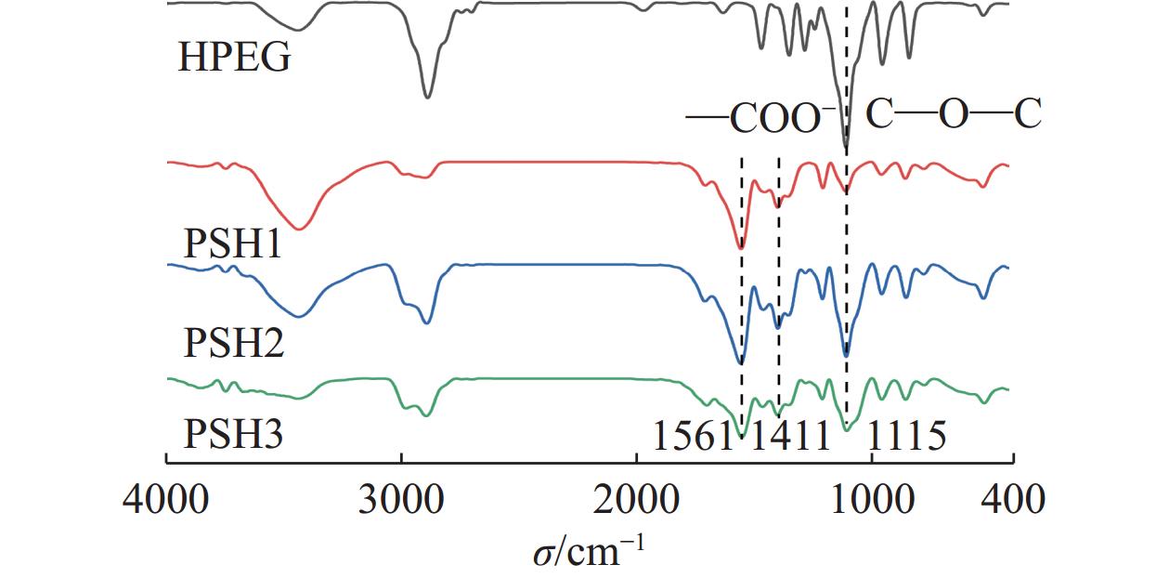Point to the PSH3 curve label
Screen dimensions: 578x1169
click(x=233, y=433)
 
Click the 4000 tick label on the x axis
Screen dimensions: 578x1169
click(x=165, y=500)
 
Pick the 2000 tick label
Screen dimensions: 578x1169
click(x=637, y=500)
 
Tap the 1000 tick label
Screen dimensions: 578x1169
click(x=872, y=500)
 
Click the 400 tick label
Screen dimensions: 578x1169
click(x=1013, y=500)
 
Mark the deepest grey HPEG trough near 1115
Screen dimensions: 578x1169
click(x=846, y=147)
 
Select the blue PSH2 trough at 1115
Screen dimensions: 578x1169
click(x=846, y=355)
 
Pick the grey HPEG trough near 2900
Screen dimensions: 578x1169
click(x=427, y=97)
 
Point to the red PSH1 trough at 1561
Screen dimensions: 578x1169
click(x=740, y=248)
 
